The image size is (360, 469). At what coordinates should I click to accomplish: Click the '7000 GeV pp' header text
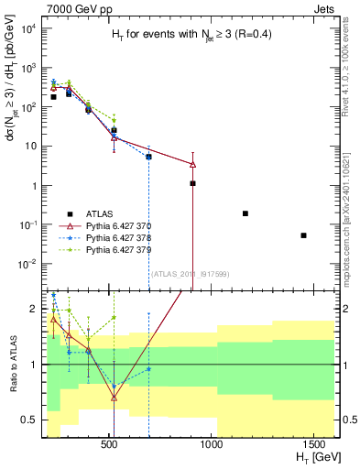point(78,7)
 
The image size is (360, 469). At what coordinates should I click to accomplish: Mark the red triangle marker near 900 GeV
point(192,165)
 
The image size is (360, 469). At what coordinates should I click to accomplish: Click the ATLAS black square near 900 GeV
point(192,183)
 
